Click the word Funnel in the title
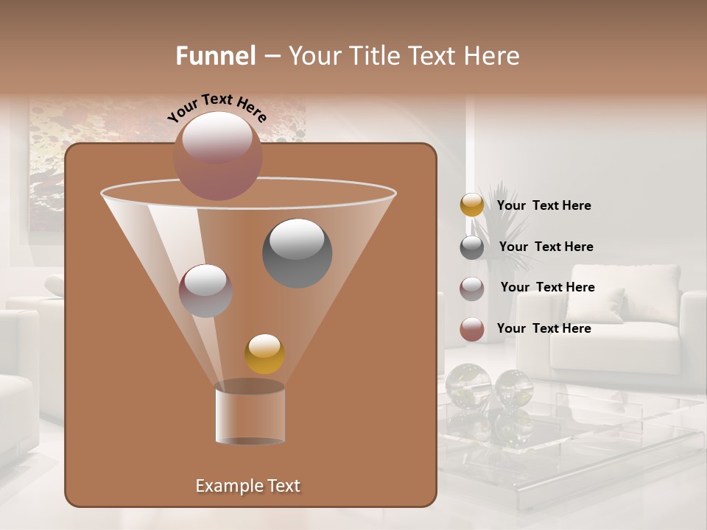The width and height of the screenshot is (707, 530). (x=216, y=56)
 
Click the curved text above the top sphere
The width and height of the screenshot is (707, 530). (x=217, y=107)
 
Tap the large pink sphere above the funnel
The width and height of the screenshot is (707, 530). (x=217, y=156)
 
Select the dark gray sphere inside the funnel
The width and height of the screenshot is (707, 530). (x=297, y=252)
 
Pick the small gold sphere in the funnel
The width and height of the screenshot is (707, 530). (x=265, y=353)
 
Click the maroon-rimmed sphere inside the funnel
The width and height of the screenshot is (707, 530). (x=205, y=290)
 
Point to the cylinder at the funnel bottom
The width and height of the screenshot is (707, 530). (x=250, y=414)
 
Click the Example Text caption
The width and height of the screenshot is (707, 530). (x=247, y=486)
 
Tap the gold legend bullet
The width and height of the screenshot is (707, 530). (x=472, y=205)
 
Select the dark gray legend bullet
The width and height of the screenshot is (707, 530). (x=472, y=247)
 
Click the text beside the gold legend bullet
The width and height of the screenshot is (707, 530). (x=544, y=206)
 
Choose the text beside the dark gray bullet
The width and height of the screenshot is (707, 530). (x=546, y=247)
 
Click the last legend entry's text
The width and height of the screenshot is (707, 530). (x=544, y=328)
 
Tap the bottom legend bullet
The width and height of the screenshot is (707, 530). (x=472, y=329)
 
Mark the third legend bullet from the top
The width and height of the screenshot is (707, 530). (x=472, y=289)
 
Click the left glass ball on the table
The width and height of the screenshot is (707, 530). (x=468, y=384)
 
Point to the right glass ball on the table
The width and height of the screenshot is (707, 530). (x=513, y=386)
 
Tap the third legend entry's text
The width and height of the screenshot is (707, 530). (x=547, y=288)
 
